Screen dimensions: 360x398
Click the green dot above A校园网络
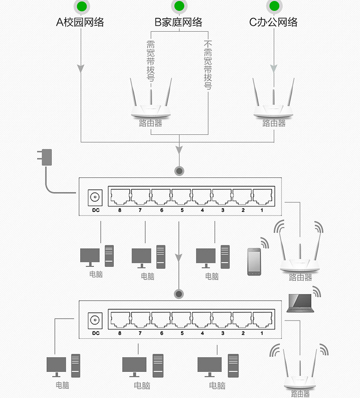[82, 6]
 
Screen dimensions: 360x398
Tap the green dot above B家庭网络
[179, 6]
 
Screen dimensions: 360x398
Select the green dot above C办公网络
[274, 6]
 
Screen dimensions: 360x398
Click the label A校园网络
[80, 22]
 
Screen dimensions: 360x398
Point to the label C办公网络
[273, 22]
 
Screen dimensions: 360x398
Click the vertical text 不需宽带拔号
[208, 65]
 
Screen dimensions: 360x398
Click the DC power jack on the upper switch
[95, 197]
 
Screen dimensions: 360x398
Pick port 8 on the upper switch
[120, 197]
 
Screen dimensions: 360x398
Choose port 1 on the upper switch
[262, 197]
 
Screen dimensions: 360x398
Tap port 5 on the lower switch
[181, 320]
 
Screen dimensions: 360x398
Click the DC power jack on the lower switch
[95, 321]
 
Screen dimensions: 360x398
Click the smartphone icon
[254, 262]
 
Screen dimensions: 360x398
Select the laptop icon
[300, 303]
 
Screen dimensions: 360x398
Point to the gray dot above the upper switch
[179, 171]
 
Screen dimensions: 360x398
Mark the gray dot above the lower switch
[179, 294]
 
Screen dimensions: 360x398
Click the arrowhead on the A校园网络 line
[81, 68]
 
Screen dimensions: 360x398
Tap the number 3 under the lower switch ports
[223, 333]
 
